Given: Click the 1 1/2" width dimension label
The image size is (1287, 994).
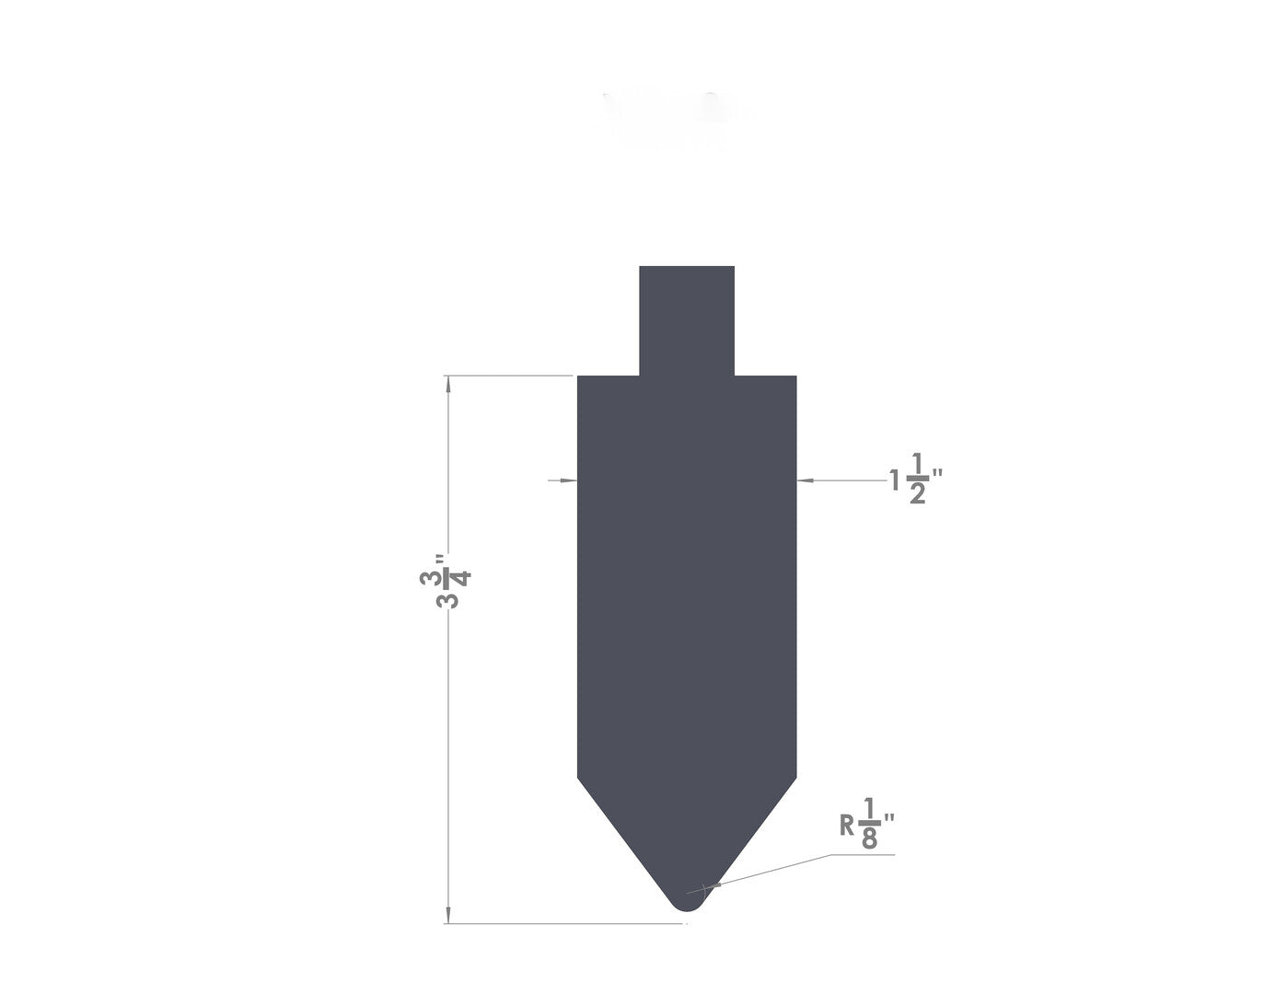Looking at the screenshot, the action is pyautogui.click(x=916, y=479).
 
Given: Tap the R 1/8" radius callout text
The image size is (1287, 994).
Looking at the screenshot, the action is pyautogui.click(x=866, y=824).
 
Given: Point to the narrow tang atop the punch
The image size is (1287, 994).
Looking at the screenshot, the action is pyautogui.click(x=687, y=320).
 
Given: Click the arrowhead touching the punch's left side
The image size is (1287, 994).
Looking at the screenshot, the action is pyautogui.click(x=569, y=480).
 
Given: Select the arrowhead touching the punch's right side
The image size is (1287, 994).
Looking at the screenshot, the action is pyautogui.click(x=806, y=480).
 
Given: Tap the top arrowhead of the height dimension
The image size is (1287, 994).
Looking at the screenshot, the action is pyautogui.click(x=447, y=384).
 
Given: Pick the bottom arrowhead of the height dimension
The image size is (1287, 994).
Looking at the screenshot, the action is pyautogui.click(x=447, y=915).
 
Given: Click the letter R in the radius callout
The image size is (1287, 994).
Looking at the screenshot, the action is pyautogui.click(x=846, y=825).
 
